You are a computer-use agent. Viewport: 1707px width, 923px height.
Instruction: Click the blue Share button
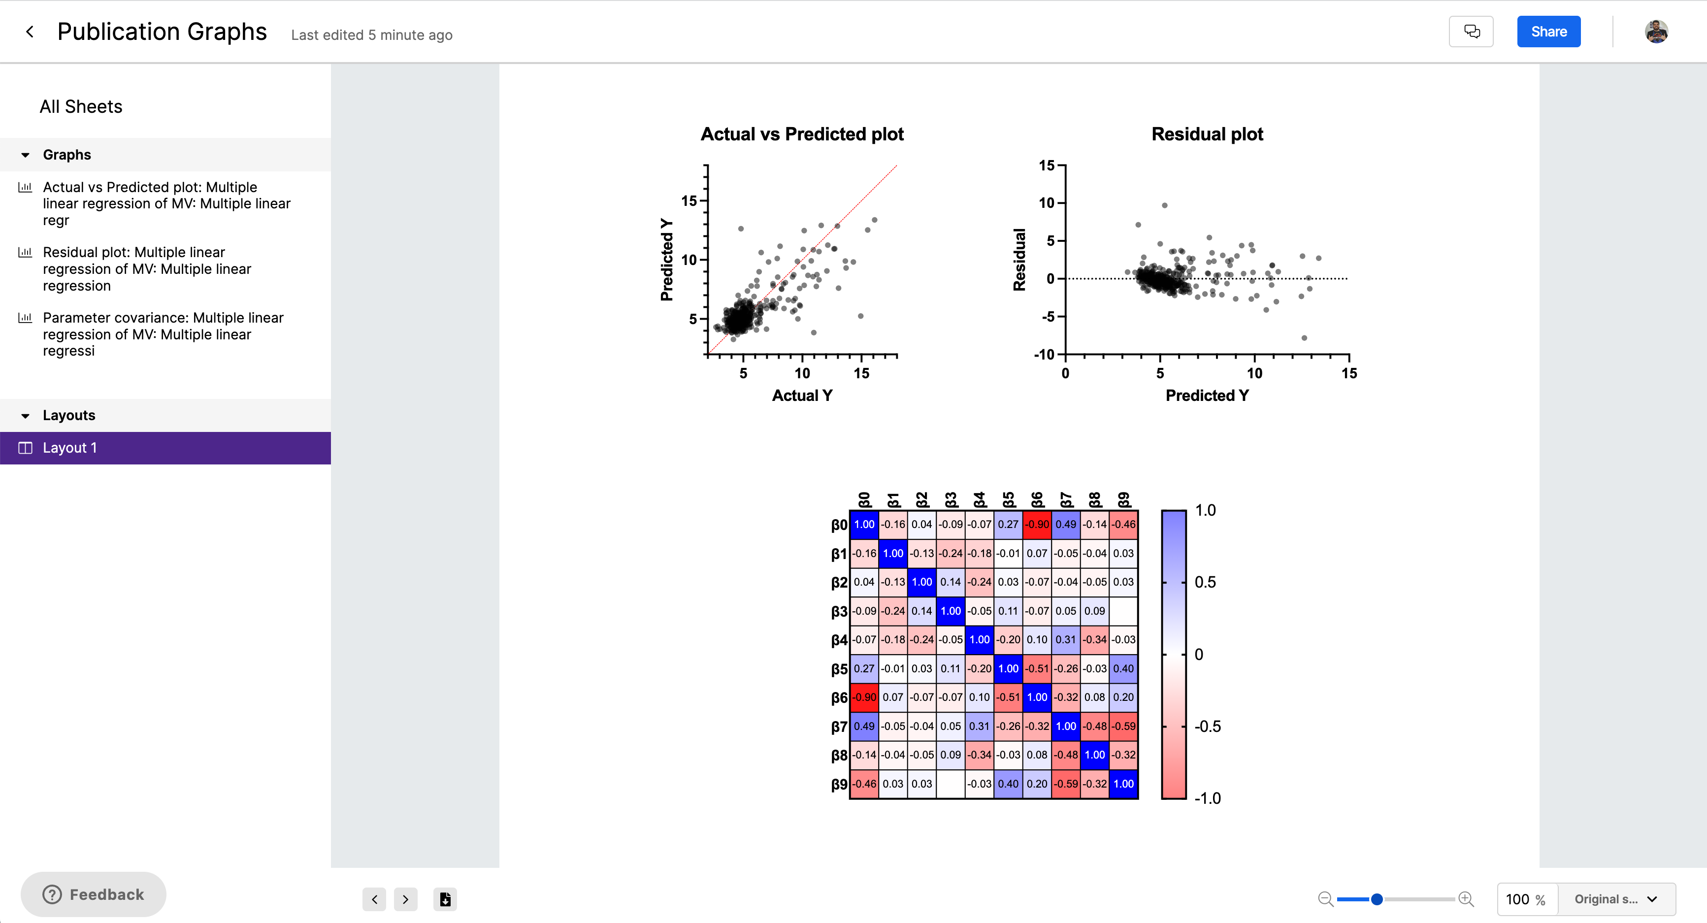point(1548,32)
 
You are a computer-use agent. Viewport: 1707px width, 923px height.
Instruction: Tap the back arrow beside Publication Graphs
point(30,32)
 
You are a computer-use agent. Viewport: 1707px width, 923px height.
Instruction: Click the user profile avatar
point(1655,32)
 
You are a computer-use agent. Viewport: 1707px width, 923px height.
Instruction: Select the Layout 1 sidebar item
point(165,448)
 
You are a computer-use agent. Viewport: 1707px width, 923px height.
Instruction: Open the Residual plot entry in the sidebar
point(146,269)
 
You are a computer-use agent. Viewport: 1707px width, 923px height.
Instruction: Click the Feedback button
point(94,894)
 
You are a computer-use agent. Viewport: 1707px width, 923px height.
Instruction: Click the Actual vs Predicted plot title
point(802,134)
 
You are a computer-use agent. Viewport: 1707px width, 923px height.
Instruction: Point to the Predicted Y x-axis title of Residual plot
point(1207,396)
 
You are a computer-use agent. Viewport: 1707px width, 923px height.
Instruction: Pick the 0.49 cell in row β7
point(864,726)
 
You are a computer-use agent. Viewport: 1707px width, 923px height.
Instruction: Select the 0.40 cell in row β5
point(1123,668)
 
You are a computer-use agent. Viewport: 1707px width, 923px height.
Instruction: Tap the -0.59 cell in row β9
point(1066,784)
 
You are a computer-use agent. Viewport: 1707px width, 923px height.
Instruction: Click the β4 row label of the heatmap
point(839,640)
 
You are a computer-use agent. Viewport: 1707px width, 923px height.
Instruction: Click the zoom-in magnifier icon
point(1466,899)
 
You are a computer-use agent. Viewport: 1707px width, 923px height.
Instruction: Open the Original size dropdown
point(1615,899)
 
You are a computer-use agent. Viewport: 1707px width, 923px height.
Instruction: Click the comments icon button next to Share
point(1471,32)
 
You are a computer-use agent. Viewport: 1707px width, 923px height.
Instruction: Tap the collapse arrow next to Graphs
point(25,155)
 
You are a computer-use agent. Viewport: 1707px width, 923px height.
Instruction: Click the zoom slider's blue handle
point(1377,899)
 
